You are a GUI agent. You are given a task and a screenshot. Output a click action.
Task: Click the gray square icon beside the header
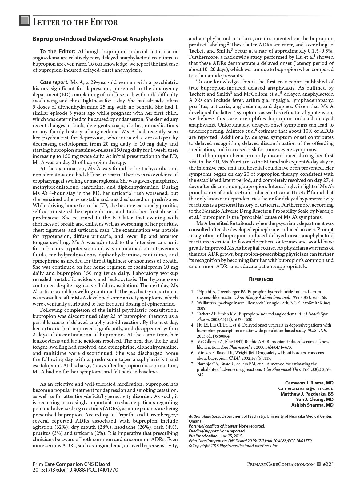(25, 21)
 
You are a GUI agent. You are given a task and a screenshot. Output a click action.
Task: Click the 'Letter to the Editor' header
(75, 22)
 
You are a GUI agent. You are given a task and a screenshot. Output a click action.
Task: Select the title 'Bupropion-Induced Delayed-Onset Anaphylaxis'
(98, 39)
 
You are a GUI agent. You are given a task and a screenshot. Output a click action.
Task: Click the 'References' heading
(261, 279)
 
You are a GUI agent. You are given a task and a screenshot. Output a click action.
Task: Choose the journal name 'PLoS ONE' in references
(318, 331)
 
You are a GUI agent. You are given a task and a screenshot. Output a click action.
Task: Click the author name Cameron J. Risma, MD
(309, 383)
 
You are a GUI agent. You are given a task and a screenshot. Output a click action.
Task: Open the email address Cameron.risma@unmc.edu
(306, 388)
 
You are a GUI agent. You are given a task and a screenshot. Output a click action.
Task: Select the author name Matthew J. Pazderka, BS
(307, 394)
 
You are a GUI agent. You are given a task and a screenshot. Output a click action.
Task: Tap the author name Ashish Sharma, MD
(312, 405)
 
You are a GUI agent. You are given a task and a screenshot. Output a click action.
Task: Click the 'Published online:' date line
(216, 436)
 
